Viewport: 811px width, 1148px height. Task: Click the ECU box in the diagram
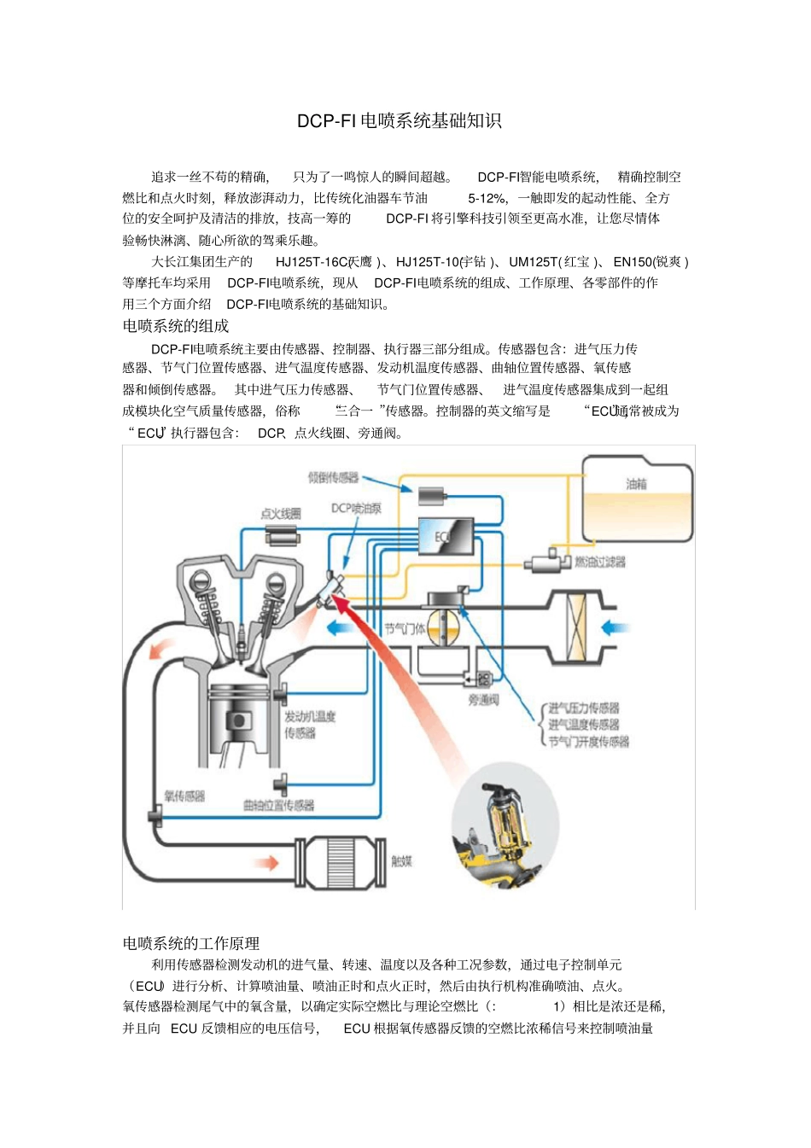coord(446,536)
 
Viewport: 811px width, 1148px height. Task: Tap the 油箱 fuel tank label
coord(636,484)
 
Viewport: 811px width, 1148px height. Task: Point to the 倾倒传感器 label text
coord(334,477)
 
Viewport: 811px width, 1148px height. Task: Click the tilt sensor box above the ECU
coord(431,496)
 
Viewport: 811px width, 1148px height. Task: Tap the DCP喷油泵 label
coord(356,508)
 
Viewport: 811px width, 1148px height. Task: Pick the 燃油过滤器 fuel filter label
coord(600,562)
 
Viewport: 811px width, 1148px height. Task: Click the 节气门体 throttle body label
coord(405,629)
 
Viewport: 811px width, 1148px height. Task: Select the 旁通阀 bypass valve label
coord(483,700)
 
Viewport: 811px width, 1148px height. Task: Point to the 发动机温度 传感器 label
coord(309,724)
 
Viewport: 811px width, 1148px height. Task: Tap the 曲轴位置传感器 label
coord(278,805)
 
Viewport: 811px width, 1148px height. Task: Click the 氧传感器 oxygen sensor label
coord(184,795)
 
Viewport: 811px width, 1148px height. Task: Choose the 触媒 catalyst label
coord(401,860)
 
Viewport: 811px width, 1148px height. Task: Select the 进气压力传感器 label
coord(584,708)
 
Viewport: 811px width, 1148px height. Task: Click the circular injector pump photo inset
coord(505,826)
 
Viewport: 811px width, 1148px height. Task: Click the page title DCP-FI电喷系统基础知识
coord(399,121)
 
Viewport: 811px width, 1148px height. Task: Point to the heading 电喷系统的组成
coord(176,326)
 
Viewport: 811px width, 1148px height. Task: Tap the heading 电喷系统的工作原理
coord(191,943)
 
